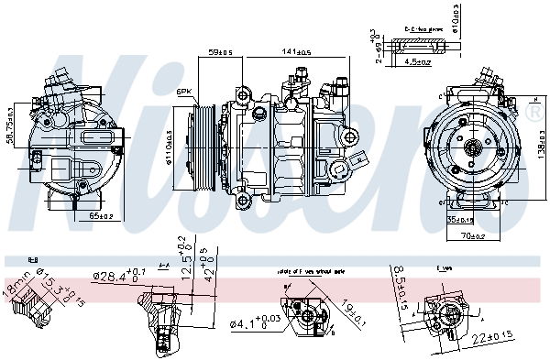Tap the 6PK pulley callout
(184, 91)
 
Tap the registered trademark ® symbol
(535, 111)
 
